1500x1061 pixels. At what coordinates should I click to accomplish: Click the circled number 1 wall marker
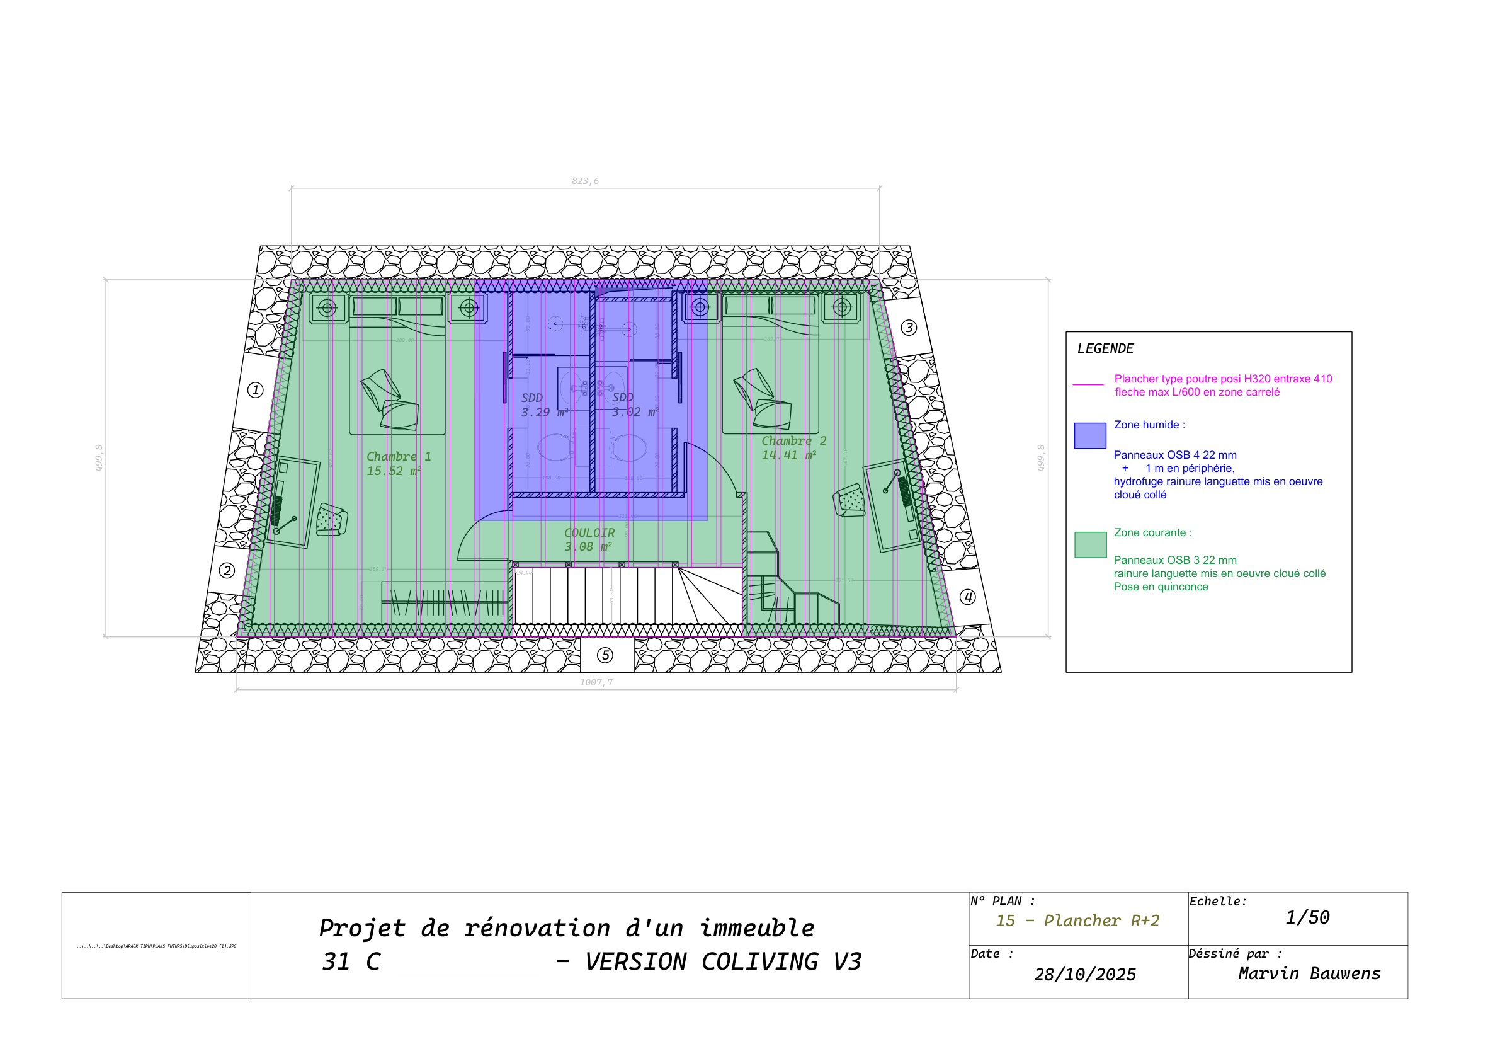tap(256, 390)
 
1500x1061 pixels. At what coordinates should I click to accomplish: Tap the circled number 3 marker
tap(909, 328)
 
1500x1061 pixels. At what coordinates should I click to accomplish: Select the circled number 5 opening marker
tap(606, 655)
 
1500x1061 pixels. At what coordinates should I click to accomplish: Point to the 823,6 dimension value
tap(585, 181)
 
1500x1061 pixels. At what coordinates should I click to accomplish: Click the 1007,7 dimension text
tap(596, 682)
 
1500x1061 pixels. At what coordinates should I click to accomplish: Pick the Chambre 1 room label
tap(399, 456)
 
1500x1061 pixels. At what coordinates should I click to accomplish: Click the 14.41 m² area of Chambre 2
tap(788, 456)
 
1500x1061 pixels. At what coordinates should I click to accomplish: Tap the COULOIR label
tap(589, 533)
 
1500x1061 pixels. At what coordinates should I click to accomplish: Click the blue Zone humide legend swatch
tap(1089, 435)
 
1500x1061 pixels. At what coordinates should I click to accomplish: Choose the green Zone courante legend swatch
tap(1089, 544)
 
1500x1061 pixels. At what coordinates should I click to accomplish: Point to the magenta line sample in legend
tap(1088, 384)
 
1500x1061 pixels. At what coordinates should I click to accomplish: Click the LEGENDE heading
tap(1105, 348)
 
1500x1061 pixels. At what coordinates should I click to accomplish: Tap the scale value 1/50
tap(1307, 917)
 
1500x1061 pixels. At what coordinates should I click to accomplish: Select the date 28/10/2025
tap(1084, 975)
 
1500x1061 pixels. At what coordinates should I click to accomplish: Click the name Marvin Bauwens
tap(1309, 973)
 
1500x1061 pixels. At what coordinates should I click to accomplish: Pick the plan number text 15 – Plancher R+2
tap(1077, 920)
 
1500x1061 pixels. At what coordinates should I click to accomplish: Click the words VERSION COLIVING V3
tap(722, 961)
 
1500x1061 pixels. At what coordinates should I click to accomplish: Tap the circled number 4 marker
tap(967, 597)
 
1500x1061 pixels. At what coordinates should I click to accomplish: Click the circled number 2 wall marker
tap(227, 570)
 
